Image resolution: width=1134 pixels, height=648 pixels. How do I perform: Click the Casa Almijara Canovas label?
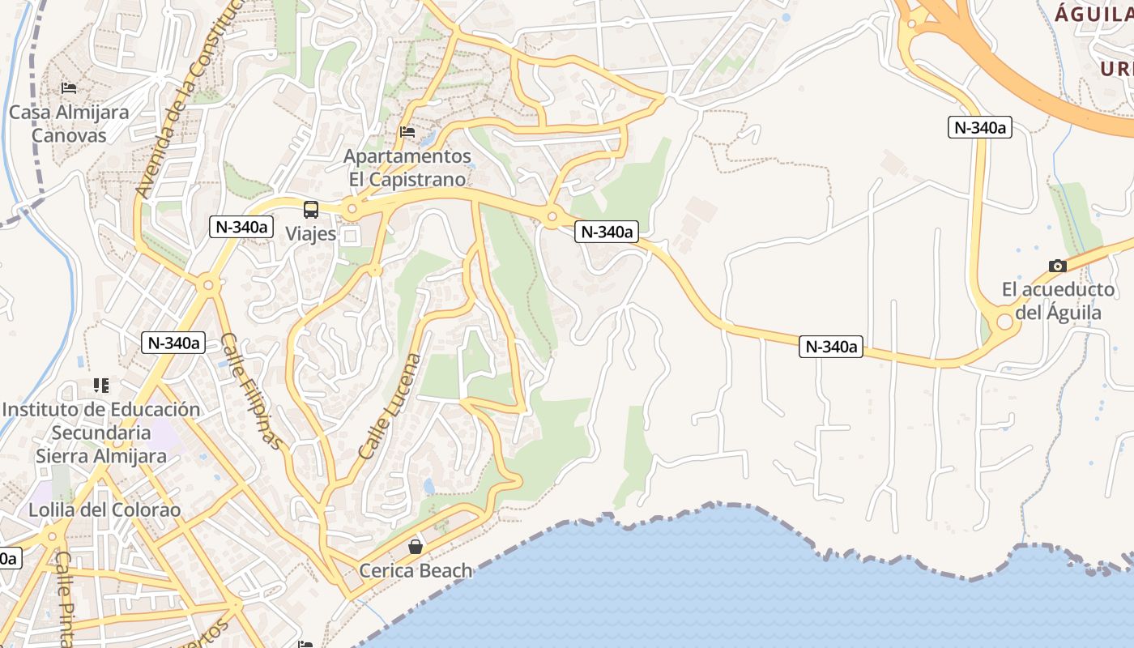[69, 124]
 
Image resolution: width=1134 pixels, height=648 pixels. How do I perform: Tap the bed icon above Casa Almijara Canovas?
[69, 87]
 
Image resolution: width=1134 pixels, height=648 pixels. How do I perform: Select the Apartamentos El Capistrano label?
[407, 168]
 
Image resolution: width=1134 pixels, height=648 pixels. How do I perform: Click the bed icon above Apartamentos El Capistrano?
[407, 131]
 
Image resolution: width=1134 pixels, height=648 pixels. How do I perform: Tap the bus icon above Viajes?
[311, 210]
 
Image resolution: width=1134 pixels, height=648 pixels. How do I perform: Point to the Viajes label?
[311, 234]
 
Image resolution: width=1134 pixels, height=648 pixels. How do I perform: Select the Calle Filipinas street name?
[253, 392]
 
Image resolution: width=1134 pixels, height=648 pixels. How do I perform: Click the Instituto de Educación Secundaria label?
[101, 433]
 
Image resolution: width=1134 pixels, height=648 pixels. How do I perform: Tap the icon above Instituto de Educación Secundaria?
[101, 386]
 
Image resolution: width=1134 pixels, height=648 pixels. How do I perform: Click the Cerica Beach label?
[416, 571]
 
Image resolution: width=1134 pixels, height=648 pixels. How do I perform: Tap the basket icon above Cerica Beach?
[416, 548]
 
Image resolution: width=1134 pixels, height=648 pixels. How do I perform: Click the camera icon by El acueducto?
[1058, 266]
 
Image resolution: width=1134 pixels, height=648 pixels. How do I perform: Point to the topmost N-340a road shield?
[980, 127]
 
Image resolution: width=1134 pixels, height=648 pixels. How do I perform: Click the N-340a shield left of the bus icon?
[240, 227]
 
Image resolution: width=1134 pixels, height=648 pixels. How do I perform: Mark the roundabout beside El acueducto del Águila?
[1005, 322]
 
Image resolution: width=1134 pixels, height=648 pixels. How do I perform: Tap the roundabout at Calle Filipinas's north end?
[209, 284]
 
